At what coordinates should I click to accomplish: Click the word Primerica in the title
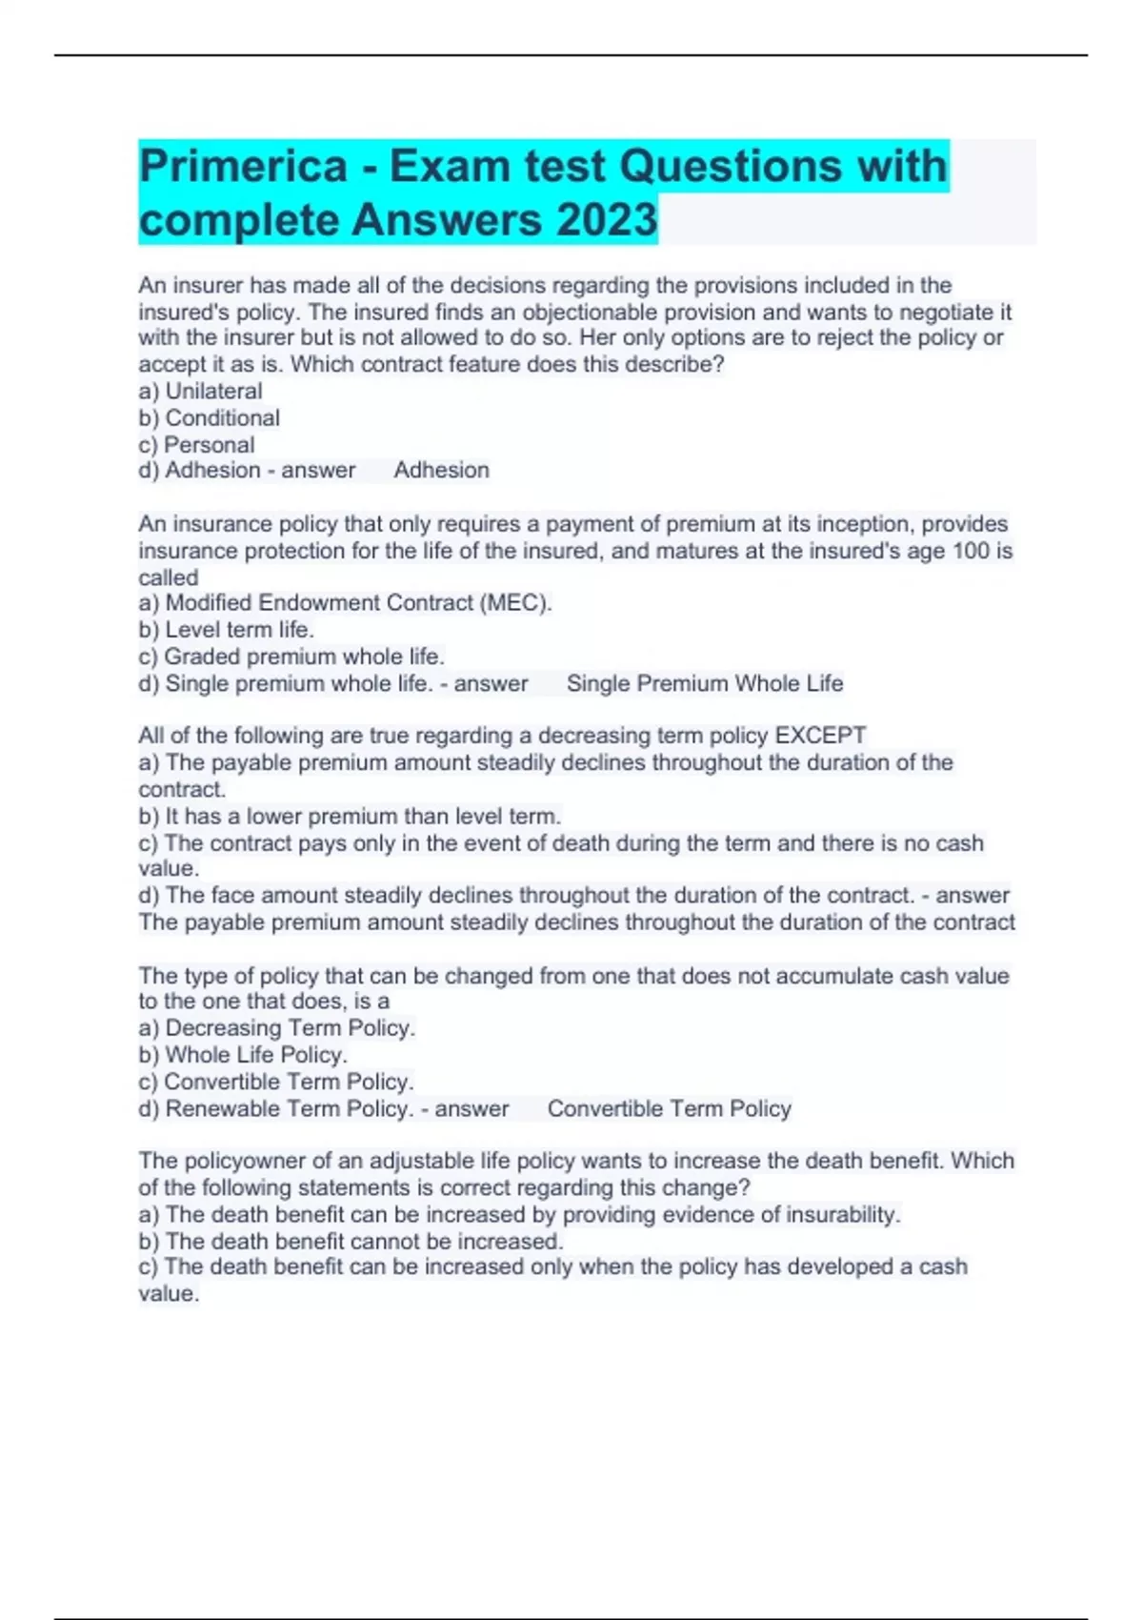[x=243, y=167]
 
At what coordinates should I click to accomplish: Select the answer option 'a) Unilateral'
[x=200, y=391]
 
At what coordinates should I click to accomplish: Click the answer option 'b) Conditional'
[x=209, y=417]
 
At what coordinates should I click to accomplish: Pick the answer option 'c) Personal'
[x=196, y=444]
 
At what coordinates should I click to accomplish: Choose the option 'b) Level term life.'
[x=226, y=629]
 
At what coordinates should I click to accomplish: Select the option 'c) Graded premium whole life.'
[x=291, y=657]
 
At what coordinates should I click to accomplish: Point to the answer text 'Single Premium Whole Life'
[x=705, y=683]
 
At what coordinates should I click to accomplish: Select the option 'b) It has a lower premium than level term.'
[x=350, y=816]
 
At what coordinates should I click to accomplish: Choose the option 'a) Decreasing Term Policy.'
[x=277, y=1027]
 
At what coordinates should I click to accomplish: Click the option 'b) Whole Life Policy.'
[x=243, y=1055]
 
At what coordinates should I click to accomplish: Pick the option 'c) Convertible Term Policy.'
[x=276, y=1082]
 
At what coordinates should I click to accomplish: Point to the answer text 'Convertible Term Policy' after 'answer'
[x=669, y=1108]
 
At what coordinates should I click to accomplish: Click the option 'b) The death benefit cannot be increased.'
[x=351, y=1241]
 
